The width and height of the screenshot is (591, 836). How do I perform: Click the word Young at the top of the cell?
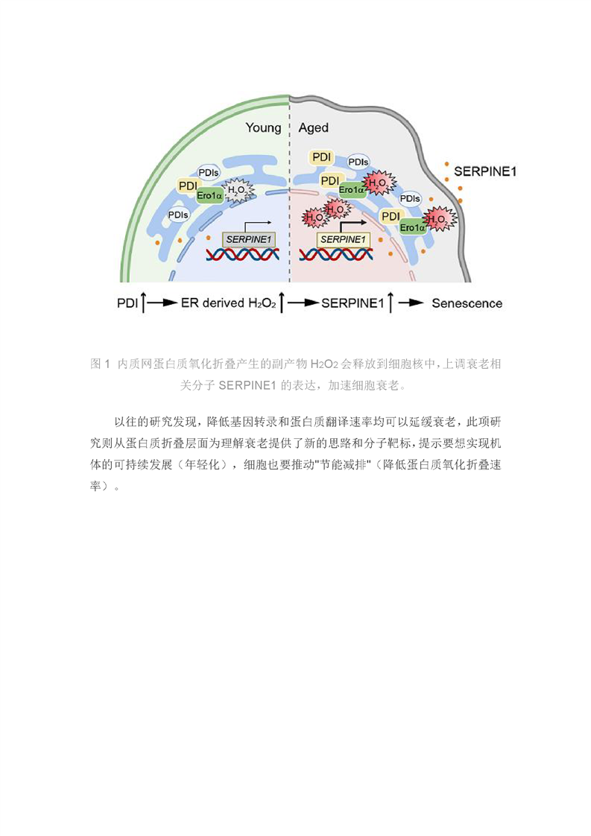coord(263,128)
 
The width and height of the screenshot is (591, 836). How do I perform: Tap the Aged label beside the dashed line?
coord(313,128)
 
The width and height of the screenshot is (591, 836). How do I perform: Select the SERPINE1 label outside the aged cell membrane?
coord(485,171)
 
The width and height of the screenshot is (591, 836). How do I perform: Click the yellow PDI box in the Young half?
coord(188,186)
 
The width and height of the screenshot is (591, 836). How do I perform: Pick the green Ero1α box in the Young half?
coord(209,196)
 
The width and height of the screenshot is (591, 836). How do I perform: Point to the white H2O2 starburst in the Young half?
coord(238,190)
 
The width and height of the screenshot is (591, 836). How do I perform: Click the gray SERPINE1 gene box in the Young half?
coord(248,240)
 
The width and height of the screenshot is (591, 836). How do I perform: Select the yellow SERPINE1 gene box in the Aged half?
coord(343,240)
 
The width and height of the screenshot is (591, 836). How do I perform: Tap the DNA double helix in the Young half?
coord(243,254)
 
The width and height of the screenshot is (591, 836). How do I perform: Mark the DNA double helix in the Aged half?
coord(336,254)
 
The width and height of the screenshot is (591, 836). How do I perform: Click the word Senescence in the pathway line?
coord(467,303)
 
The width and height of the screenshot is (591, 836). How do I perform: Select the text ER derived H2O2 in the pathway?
coord(229,303)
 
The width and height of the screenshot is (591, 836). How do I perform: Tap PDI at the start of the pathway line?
coord(127,303)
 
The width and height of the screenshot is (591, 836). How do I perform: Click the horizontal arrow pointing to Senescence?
coord(411,303)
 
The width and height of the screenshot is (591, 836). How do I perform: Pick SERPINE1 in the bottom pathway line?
coord(352,303)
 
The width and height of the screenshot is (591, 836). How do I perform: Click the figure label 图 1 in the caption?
coord(100,364)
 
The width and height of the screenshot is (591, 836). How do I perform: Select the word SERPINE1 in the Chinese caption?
coord(247,385)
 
